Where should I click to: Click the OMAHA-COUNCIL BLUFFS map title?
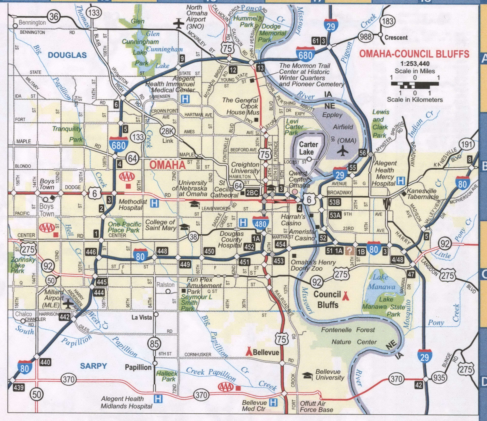[x=414, y=54]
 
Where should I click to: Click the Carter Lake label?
[x=308, y=148]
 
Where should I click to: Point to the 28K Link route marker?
[x=167, y=131]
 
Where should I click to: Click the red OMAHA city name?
[x=167, y=165]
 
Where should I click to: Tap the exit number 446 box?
[x=91, y=252]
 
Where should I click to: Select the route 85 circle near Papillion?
[x=154, y=344]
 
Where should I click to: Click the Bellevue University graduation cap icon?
[x=307, y=375]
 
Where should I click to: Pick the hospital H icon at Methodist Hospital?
[x=154, y=203]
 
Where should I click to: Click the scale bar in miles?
[x=415, y=85]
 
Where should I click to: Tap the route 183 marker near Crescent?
[x=388, y=21]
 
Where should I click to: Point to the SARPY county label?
[x=93, y=366]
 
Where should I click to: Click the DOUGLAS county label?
[x=67, y=55]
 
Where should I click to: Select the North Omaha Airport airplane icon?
[x=179, y=23]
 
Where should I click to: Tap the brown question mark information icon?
[x=350, y=251]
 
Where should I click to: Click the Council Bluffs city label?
[x=327, y=300]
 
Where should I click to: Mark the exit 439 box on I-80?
[x=19, y=388]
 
